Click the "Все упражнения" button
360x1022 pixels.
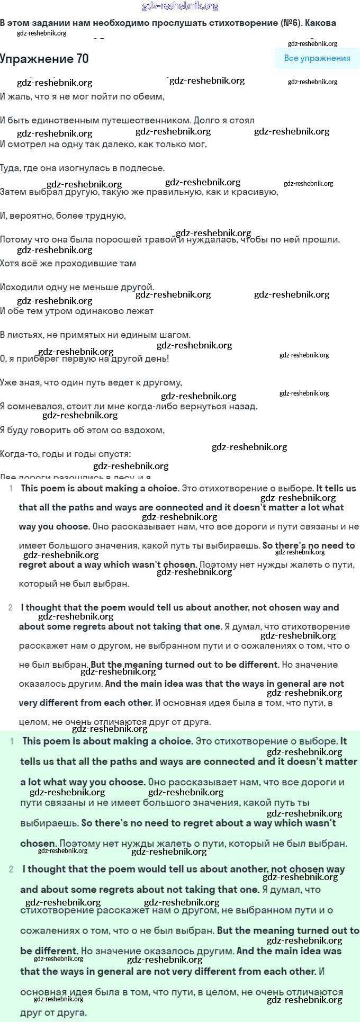[317, 58]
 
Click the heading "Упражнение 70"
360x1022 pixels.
[44, 59]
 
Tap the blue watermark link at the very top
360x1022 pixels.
[180, 6]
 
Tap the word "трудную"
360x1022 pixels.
[106, 216]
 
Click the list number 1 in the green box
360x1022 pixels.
[12, 741]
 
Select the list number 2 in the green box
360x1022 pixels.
[12, 869]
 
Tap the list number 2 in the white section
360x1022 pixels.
[11, 607]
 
